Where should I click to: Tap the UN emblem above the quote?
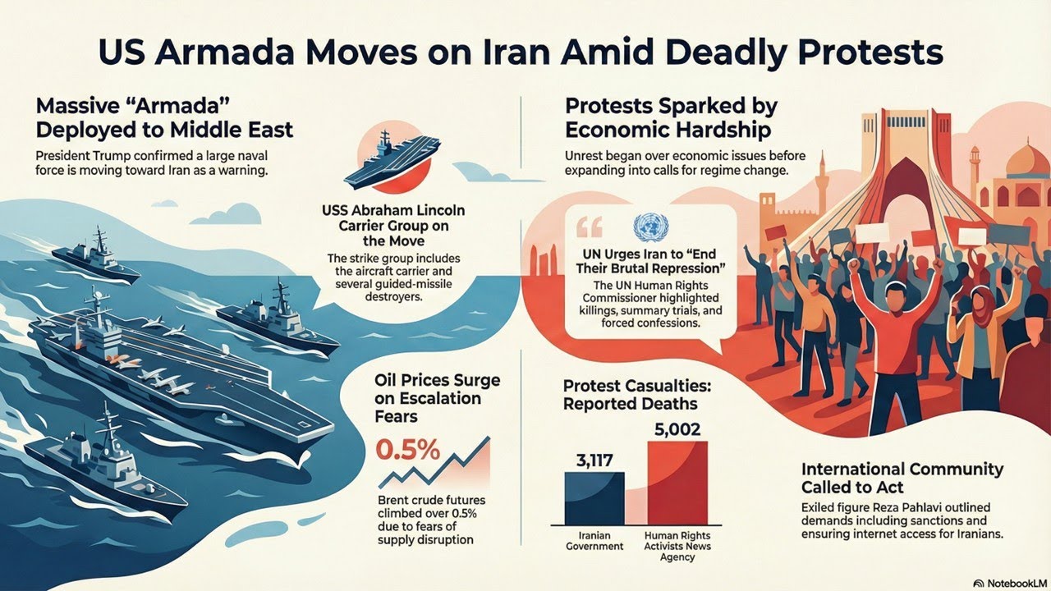pos(647,226)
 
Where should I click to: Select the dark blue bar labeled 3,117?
pos(594,497)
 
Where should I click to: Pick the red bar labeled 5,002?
pos(677,483)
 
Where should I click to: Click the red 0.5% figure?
pos(407,450)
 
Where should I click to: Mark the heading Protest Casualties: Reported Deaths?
pos(630,394)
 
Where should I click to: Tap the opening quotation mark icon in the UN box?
pos(590,227)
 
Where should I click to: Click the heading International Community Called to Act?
pos(902,478)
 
